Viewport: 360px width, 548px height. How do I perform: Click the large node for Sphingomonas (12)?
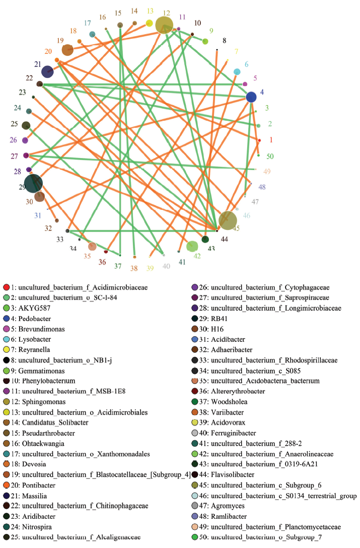(164, 25)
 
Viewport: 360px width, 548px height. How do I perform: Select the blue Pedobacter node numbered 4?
(251, 97)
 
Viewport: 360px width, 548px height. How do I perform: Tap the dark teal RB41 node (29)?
(34, 184)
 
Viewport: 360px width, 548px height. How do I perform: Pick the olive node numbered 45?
(228, 220)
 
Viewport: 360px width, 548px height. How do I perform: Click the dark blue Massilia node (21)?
(47, 71)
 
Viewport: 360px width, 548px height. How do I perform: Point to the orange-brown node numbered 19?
(67, 50)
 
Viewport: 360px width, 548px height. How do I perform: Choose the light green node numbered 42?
(192, 247)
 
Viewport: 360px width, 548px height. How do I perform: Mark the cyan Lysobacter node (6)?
(237, 72)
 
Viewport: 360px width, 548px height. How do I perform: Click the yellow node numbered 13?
(150, 24)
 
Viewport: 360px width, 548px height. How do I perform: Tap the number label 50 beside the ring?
(270, 156)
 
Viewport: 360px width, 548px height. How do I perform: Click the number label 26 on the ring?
(13, 140)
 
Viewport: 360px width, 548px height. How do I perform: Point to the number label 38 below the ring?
(134, 268)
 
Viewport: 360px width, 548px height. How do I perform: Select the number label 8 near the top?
(225, 41)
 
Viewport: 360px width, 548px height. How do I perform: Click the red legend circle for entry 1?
(7, 288)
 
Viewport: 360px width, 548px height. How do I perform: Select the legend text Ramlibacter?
(229, 516)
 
